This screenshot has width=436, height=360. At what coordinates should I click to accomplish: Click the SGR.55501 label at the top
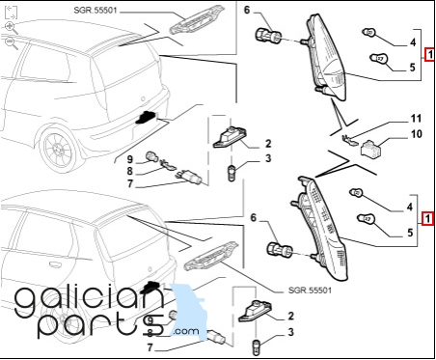[95, 11]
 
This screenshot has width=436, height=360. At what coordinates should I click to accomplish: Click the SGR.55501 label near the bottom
[310, 291]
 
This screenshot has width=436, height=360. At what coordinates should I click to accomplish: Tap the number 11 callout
[416, 119]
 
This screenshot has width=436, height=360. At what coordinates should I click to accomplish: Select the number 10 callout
[417, 134]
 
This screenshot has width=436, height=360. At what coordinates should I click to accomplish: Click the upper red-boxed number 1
[429, 54]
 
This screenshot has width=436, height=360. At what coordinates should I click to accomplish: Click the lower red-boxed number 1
[427, 219]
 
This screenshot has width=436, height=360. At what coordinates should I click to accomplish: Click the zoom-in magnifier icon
[12, 28]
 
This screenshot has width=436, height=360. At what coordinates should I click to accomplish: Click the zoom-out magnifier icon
[12, 43]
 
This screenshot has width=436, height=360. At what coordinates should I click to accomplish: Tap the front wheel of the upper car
[58, 151]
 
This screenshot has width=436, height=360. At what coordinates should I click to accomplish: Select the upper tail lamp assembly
[326, 58]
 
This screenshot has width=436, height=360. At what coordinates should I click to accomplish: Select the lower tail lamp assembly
[321, 230]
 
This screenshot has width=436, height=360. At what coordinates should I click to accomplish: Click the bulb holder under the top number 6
[268, 35]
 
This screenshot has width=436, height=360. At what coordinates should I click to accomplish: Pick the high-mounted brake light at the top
[196, 19]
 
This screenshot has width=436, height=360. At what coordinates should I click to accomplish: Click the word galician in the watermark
[89, 300]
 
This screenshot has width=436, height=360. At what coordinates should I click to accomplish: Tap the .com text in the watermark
[186, 331]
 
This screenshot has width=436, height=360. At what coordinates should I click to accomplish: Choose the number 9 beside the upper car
[129, 159]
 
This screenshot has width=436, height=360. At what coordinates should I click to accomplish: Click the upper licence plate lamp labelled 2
[230, 137]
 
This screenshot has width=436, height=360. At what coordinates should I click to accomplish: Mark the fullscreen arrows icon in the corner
[11, 12]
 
